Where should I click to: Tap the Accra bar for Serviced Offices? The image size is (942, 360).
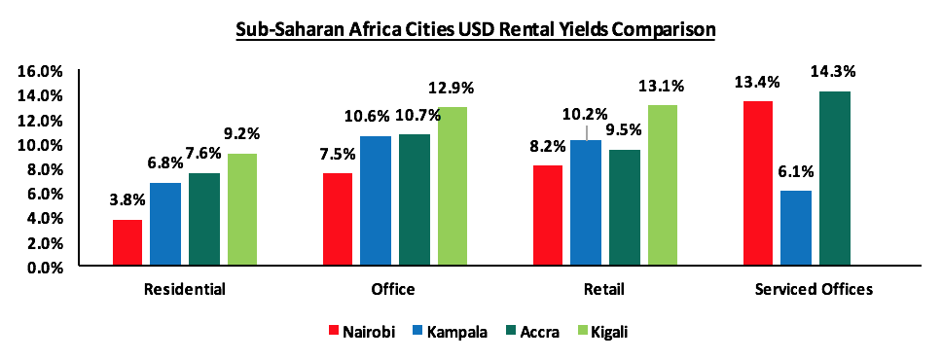click(834, 179)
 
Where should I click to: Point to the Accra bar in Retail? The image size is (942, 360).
click(625, 207)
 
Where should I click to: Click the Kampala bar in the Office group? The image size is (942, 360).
click(376, 200)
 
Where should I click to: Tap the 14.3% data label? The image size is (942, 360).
click(835, 71)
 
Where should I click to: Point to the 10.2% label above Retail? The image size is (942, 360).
click(587, 111)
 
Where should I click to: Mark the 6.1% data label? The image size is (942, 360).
click(796, 171)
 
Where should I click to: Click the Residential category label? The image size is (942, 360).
click(184, 289)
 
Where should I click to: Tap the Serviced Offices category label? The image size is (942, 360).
click(814, 289)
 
